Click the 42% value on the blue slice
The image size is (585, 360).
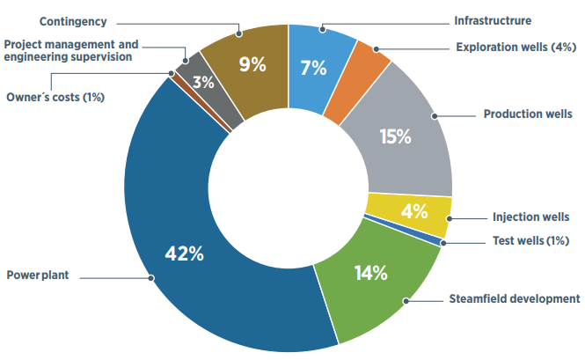pos(185,254)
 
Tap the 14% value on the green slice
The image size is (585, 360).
pos(369,273)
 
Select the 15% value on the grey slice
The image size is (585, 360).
pos(396,136)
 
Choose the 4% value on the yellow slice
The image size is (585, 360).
pos(413,211)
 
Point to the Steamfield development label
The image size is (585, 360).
pos(513,299)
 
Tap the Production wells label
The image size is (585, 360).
pos(529,114)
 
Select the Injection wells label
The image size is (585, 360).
pos(531,217)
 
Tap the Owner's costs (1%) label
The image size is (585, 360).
pos(55,97)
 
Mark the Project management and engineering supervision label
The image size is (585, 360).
pos(71,49)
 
